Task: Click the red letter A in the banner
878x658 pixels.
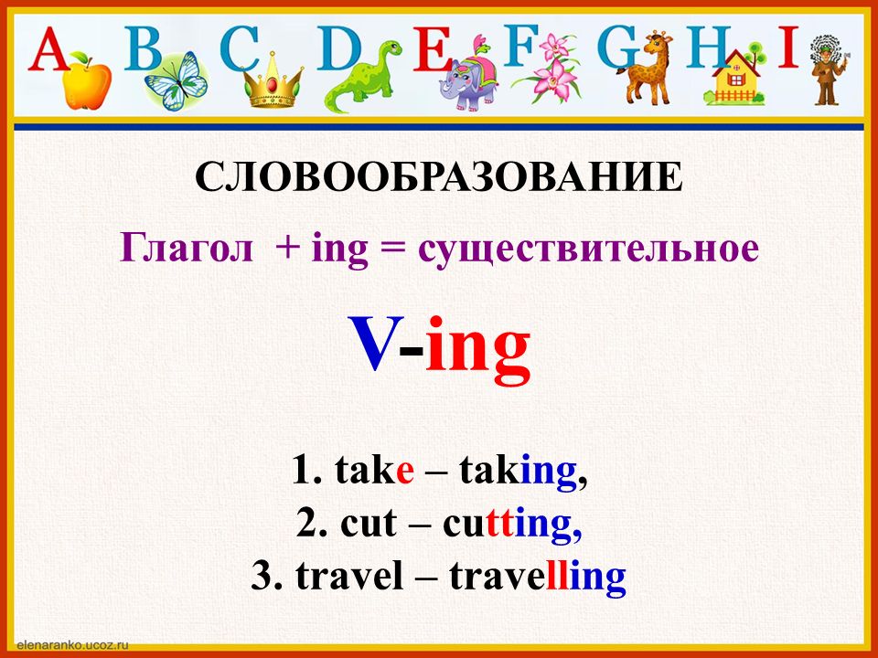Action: point(49,48)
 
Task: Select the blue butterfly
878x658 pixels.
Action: point(176,81)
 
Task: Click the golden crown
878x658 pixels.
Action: point(273,80)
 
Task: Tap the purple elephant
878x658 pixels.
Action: point(467,76)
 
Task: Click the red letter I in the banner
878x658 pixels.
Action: point(787,47)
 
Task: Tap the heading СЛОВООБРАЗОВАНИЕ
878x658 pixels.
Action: point(439,177)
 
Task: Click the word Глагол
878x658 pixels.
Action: point(187,248)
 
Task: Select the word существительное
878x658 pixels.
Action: point(588,249)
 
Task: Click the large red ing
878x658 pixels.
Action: point(477,350)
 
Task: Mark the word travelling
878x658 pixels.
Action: point(538,577)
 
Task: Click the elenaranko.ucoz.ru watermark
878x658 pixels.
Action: point(73,644)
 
